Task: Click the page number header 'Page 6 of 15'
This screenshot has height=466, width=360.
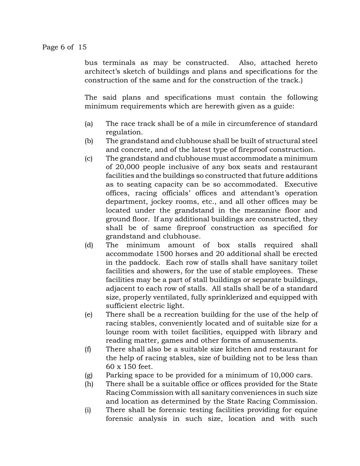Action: [64, 47]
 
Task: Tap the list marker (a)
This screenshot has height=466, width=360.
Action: [89, 124]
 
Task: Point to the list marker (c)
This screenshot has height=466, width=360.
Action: [89, 158]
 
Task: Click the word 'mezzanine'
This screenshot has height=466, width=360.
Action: [269, 211]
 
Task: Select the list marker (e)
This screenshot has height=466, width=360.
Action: [89, 315]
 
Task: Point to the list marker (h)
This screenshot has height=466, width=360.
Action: [89, 384]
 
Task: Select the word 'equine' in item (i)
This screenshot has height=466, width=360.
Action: [306, 410]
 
